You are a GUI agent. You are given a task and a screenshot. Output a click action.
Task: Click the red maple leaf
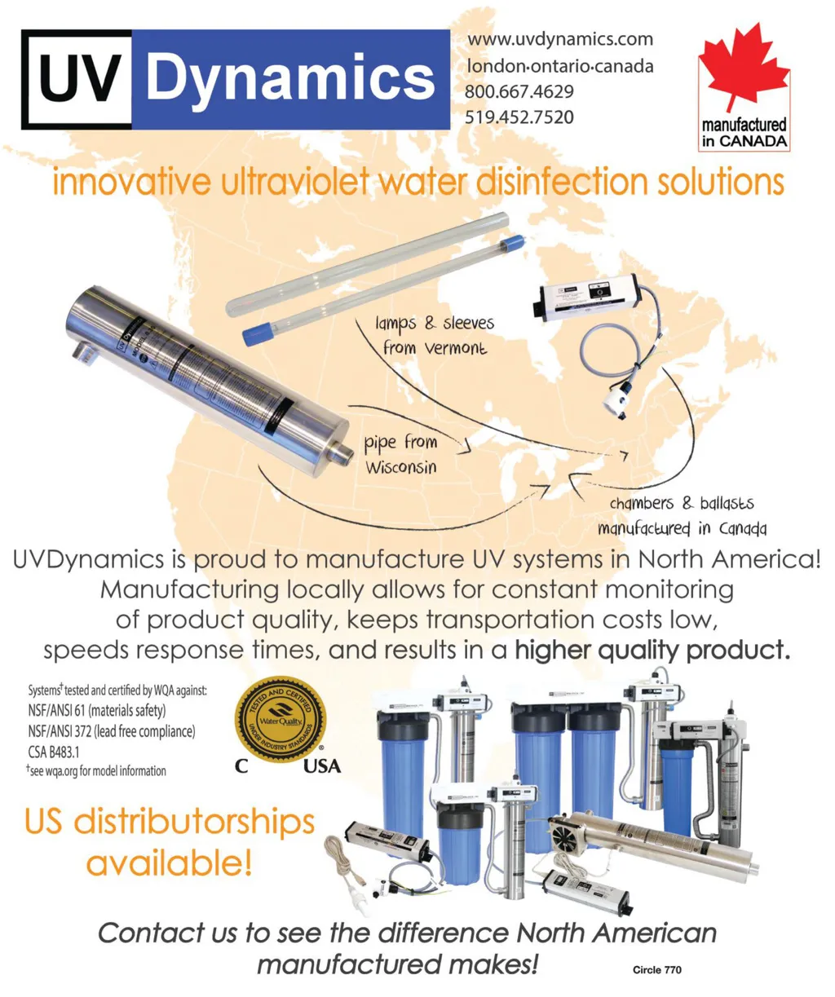(x=743, y=68)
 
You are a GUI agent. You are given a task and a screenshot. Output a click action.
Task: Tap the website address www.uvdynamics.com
(x=559, y=39)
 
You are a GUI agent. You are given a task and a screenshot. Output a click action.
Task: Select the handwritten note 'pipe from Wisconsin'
(x=401, y=455)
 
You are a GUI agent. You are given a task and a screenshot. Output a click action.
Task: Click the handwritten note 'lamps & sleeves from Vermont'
(x=435, y=335)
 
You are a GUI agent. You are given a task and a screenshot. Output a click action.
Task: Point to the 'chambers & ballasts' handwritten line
(x=682, y=504)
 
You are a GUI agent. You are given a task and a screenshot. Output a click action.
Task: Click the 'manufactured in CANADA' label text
(x=744, y=133)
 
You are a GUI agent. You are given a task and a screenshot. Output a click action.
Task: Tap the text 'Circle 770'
(x=656, y=970)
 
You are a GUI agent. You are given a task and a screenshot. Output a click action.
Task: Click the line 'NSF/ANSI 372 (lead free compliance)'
(x=112, y=731)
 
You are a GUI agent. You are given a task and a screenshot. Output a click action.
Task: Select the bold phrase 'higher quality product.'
(x=652, y=651)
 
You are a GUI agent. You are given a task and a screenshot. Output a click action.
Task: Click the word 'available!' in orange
(x=169, y=862)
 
